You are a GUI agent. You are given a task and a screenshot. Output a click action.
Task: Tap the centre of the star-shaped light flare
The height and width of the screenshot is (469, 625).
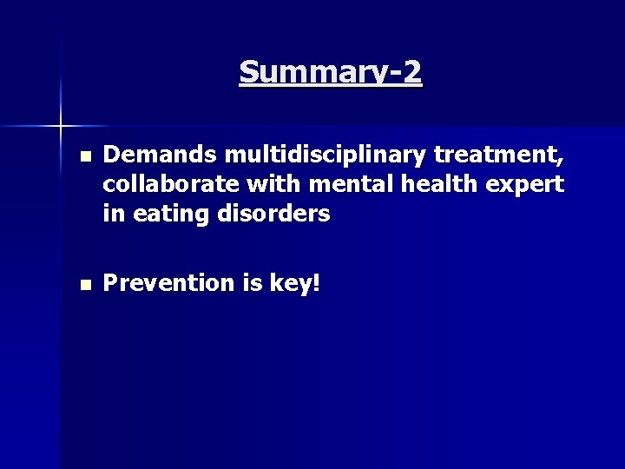61,127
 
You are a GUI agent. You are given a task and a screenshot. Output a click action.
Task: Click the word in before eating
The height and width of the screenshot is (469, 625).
112,213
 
